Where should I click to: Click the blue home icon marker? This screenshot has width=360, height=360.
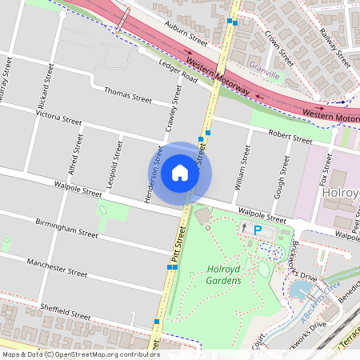pos(180,172)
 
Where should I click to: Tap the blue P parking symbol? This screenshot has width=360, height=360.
pos(257,230)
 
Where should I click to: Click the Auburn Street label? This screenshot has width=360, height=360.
pos(186,34)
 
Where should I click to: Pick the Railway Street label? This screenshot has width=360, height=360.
pos(334,46)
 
